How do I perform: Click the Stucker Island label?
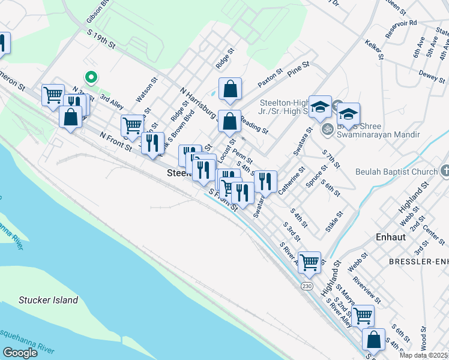click(x=48, y=300)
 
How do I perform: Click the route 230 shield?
click(x=307, y=287)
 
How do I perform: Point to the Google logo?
click(x=20, y=353)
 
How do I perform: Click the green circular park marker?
click(x=91, y=77)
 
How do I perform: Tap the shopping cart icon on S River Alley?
click(x=309, y=261)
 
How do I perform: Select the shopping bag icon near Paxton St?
click(x=230, y=89)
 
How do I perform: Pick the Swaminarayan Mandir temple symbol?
click(x=328, y=128)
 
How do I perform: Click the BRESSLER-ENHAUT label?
click(x=418, y=262)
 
